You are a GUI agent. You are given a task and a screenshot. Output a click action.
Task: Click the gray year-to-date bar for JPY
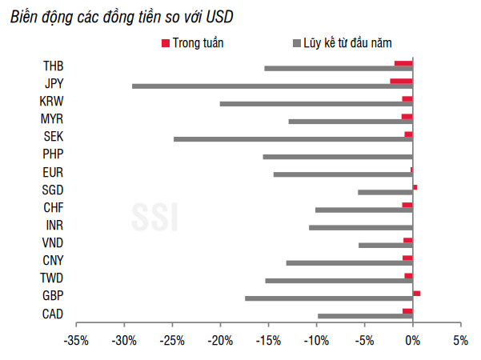[x=272, y=86]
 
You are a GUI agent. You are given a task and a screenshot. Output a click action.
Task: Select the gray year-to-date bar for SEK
[x=293, y=139]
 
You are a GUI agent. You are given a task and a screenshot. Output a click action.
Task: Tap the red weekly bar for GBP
[x=416, y=294]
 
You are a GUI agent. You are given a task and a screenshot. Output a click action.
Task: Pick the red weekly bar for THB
[x=403, y=63]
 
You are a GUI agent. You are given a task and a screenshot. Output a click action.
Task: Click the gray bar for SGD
[x=385, y=192]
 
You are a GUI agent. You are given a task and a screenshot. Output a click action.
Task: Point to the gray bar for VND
[x=385, y=245]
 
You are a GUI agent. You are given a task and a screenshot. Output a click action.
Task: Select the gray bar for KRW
[x=316, y=104]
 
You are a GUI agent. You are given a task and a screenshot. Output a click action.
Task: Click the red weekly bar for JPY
[x=401, y=81]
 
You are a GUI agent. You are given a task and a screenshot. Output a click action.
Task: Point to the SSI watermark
[x=155, y=215]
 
